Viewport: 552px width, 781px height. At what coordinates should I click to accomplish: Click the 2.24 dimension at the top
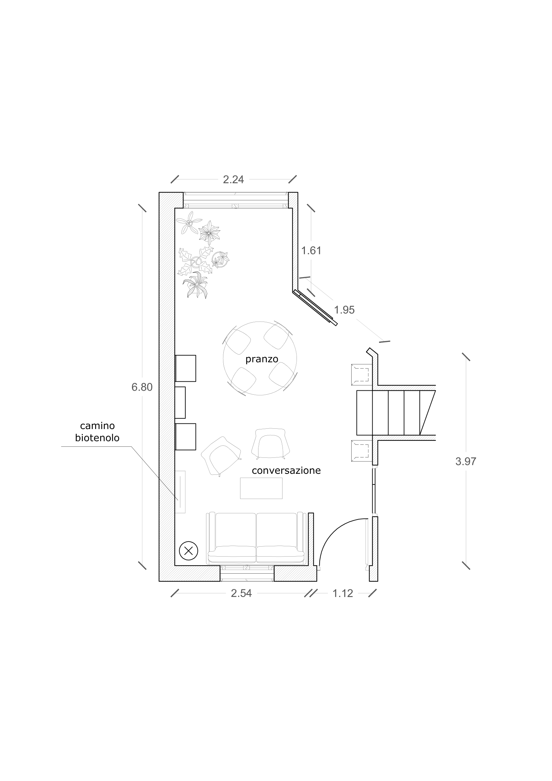tap(233, 179)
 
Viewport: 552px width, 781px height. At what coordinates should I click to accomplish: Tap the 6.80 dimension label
tap(142, 387)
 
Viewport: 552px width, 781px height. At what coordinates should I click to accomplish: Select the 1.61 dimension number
tap(311, 250)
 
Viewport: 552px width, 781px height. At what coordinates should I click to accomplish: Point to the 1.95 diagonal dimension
tap(344, 310)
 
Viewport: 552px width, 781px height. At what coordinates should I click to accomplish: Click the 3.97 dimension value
tap(466, 461)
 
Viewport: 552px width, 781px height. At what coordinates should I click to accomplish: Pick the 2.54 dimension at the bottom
tap(241, 593)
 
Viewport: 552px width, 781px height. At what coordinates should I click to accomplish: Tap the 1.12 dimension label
tap(343, 593)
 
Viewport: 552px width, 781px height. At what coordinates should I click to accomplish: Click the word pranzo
tap(262, 359)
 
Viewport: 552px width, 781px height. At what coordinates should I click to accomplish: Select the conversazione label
tap(287, 470)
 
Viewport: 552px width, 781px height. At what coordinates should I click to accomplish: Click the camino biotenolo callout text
tap(97, 432)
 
